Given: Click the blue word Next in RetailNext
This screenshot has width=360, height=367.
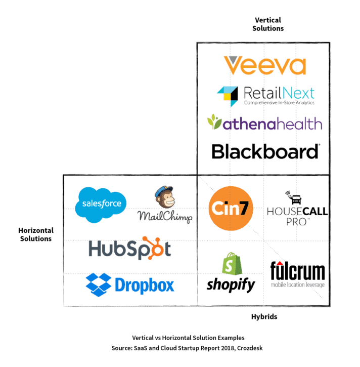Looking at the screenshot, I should click(298, 93).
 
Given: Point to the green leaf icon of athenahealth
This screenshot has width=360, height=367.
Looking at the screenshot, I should click(213, 123).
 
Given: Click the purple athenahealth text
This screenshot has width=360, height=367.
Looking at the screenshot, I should click(271, 124).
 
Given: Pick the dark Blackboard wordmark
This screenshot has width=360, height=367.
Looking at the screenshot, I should click(266, 152).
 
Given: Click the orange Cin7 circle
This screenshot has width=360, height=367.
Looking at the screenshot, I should click(231, 208).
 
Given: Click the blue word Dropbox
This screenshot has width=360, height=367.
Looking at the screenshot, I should click(144, 285).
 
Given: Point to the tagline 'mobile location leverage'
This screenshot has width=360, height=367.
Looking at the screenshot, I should click(297, 284).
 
